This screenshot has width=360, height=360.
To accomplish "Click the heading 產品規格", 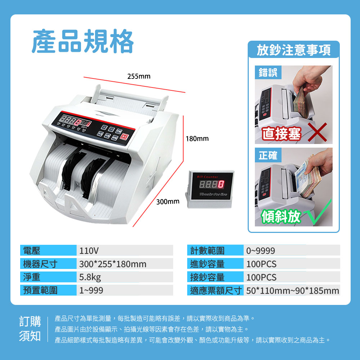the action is click(83, 41).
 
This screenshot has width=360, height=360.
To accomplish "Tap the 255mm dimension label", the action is click(139, 76).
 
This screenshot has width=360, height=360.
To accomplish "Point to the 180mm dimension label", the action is click(197, 139).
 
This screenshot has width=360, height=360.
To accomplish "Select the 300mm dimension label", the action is click(168, 202).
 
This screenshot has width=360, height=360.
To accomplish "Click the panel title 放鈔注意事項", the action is click(294, 50).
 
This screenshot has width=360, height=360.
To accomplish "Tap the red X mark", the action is click(317, 132).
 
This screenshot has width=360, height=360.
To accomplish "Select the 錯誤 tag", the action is click(268, 72).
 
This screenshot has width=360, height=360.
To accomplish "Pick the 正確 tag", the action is click(268, 155).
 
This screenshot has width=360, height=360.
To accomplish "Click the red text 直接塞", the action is click(282, 134).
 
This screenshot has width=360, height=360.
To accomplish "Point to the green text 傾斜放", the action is click(281, 216).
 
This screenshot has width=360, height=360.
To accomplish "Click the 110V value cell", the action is click(125, 250).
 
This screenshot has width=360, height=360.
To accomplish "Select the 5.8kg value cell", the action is click(125, 277).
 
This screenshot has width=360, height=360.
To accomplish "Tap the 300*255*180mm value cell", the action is click(125, 264).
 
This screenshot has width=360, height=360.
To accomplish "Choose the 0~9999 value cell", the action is click(292, 250).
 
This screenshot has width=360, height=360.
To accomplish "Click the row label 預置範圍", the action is click(40, 290).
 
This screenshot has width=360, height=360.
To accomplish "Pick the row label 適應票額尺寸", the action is click(216, 290).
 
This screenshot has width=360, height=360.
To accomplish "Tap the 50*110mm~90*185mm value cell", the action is click(292, 290).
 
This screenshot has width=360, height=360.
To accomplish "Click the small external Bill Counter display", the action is click(210, 189).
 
